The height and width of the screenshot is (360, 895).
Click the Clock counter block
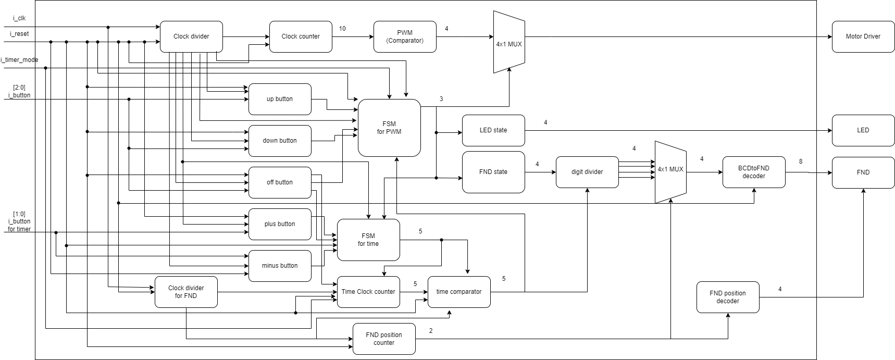(301, 36)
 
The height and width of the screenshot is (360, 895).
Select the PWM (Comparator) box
(405, 36)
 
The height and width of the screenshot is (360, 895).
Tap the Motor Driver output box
(863, 36)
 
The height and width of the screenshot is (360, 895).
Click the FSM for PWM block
(389, 128)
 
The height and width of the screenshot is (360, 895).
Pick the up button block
(280, 99)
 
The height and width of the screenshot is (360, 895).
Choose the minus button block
(280, 266)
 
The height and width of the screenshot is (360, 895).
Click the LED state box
(493, 130)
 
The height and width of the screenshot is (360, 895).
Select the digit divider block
(587, 172)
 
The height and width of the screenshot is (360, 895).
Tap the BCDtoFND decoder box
(753, 172)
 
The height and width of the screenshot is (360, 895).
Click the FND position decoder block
(728, 297)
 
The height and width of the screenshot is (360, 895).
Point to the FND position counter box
(384, 339)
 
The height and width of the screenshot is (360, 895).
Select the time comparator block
(459, 292)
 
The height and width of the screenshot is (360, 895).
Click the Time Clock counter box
(368, 292)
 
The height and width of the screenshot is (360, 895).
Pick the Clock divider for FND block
(186, 292)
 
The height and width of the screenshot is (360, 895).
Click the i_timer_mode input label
(19, 60)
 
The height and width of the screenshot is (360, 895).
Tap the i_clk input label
(19, 18)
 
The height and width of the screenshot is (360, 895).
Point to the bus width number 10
(342, 29)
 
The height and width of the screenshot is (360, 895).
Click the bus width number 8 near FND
(801, 162)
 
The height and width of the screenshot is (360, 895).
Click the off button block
(280, 182)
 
